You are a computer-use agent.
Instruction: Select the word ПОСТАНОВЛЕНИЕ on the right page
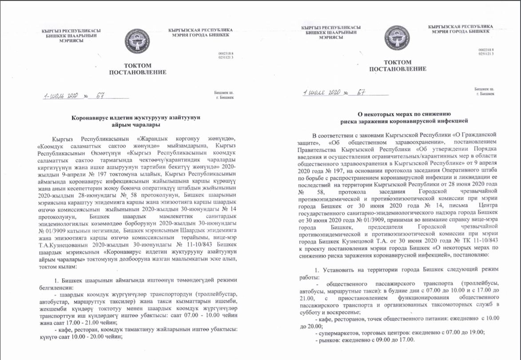pos(398,69)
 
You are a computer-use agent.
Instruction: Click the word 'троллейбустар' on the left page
pos(207,294)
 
